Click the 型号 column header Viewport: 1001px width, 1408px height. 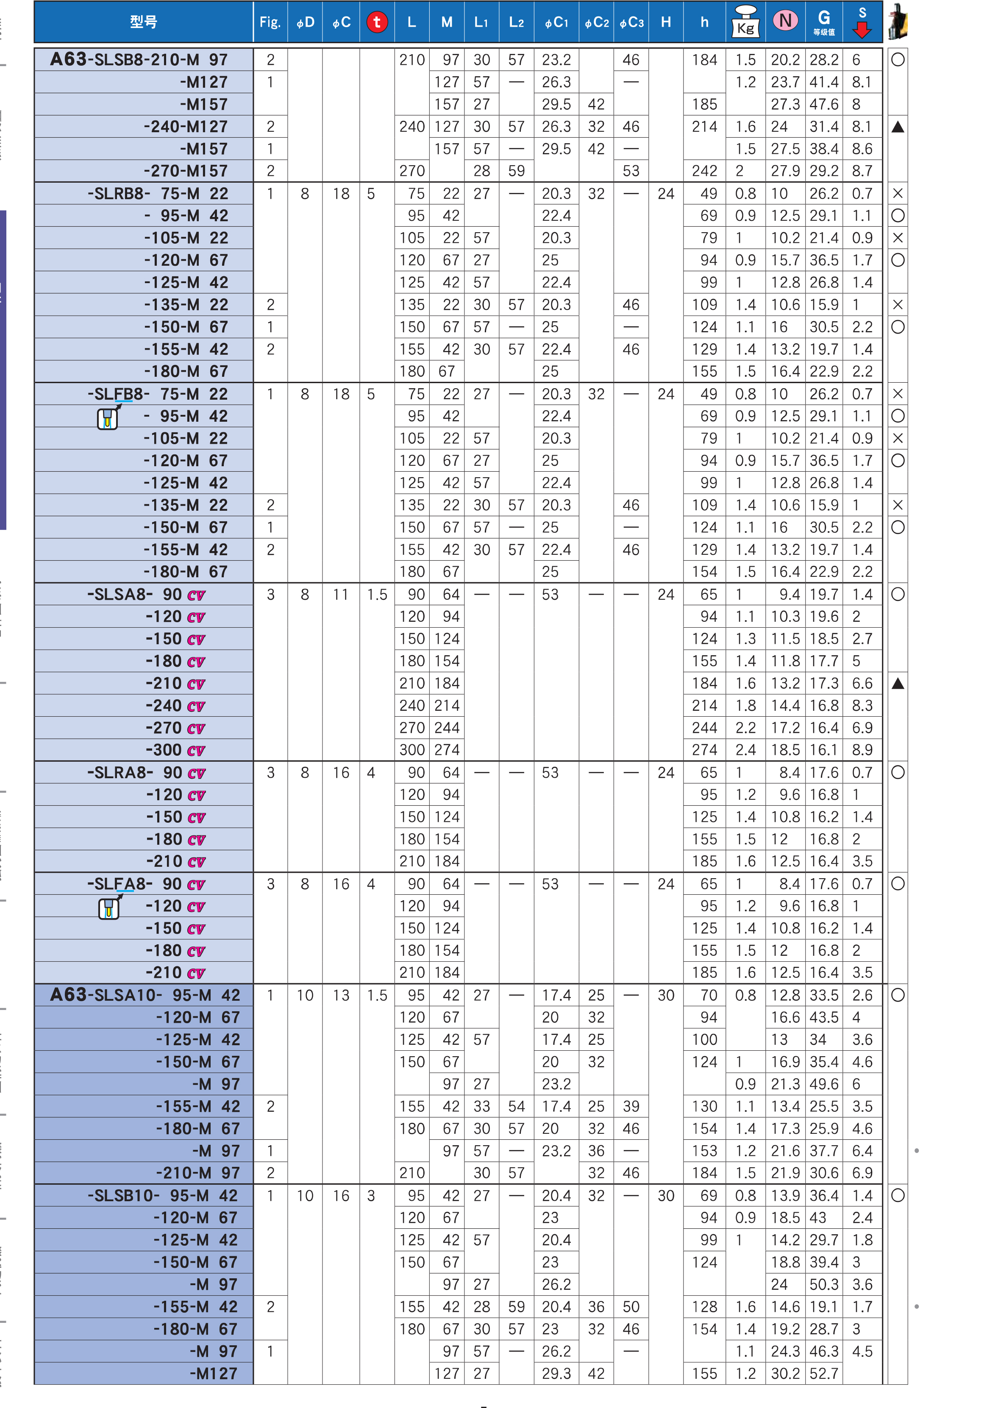(144, 22)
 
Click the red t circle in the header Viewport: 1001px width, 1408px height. (377, 22)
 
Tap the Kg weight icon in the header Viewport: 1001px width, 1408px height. (745, 22)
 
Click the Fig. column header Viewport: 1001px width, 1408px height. (270, 22)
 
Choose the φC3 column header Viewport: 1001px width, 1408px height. (631, 22)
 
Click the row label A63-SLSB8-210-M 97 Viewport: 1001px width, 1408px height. (139, 60)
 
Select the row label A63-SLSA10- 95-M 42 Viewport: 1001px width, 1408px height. (145, 995)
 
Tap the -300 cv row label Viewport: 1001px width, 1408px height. (175, 750)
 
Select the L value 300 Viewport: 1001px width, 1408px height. (412, 750)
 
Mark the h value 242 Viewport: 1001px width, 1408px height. (704, 171)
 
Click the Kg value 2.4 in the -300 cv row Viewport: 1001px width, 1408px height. (745, 750)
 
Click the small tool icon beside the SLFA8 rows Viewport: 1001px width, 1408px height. (109, 907)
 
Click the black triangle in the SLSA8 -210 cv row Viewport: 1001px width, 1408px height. (898, 683)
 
